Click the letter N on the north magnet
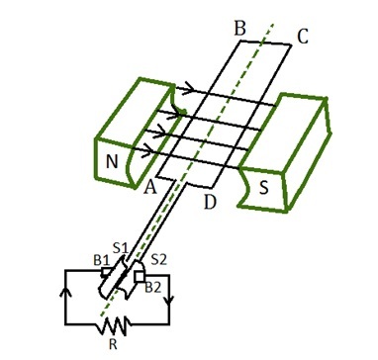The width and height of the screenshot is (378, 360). [x=112, y=162]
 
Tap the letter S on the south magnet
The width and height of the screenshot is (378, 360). [x=263, y=188]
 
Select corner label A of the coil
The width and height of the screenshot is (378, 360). [x=150, y=188]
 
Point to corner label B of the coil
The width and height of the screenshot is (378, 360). [x=239, y=29]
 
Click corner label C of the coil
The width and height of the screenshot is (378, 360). [x=302, y=37]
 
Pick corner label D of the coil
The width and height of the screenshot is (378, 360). [x=210, y=203]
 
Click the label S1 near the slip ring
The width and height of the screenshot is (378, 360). [x=120, y=248]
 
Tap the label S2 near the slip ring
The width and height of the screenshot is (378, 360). [x=159, y=260]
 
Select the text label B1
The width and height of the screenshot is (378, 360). [x=102, y=261]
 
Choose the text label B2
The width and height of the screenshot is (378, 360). [x=153, y=288]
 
